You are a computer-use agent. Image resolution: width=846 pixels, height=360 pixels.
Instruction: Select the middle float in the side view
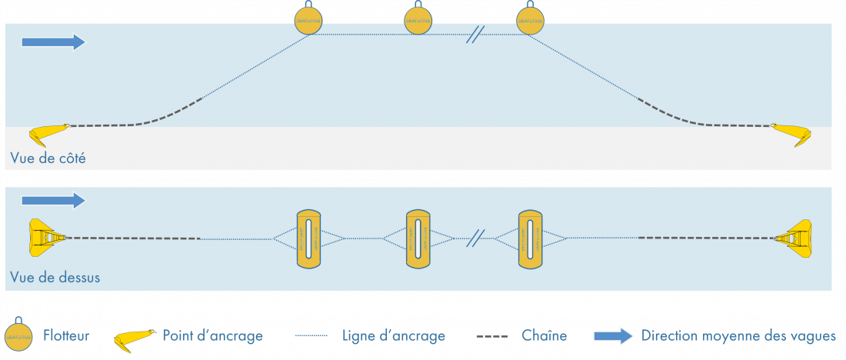point(420,21)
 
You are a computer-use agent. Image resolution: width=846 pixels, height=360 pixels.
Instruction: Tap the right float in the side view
point(530,21)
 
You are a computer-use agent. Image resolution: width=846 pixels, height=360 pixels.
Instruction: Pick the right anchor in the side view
point(794,135)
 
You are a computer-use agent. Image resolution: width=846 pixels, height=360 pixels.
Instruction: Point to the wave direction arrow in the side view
point(53,42)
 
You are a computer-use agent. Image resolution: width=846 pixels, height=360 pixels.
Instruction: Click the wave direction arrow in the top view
point(53,201)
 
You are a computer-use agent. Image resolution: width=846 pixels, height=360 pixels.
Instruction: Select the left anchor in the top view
point(46,238)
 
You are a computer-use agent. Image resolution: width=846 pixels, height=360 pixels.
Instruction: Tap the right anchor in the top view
point(794,238)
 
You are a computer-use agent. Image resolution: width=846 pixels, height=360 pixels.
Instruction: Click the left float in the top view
point(308,238)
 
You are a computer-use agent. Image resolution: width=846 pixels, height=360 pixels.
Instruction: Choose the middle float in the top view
point(418,238)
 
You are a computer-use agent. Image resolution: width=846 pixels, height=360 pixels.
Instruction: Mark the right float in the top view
point(530,238)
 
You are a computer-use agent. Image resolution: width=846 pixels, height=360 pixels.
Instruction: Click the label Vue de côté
point(48,158)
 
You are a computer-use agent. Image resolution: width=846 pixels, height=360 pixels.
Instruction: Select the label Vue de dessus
point(55,277)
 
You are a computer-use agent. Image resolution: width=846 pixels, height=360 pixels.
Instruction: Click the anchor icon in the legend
point(134,338)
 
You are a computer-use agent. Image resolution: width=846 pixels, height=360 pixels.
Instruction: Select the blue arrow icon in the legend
point(613,336)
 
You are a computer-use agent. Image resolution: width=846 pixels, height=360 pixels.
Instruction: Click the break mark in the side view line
point(475,35)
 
